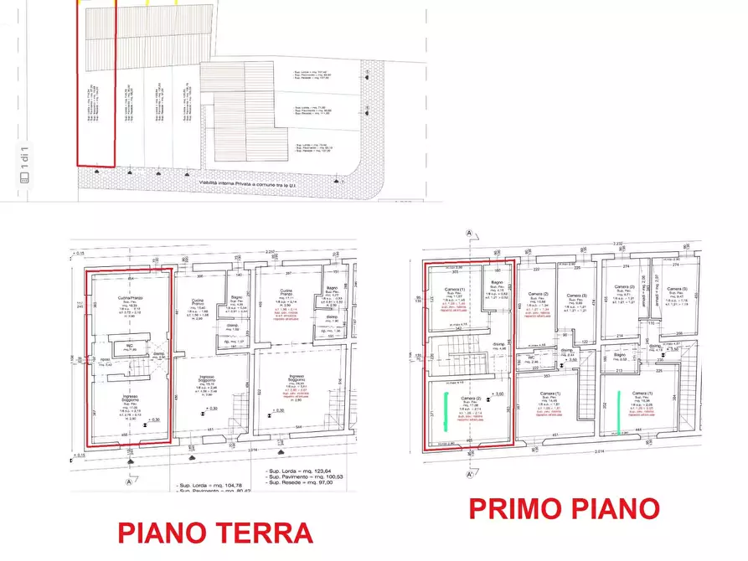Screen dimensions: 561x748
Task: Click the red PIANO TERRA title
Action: (214, 533)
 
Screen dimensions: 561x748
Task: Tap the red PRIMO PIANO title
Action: (564, 507)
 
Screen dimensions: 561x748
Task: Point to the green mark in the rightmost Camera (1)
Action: (619, 413)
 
